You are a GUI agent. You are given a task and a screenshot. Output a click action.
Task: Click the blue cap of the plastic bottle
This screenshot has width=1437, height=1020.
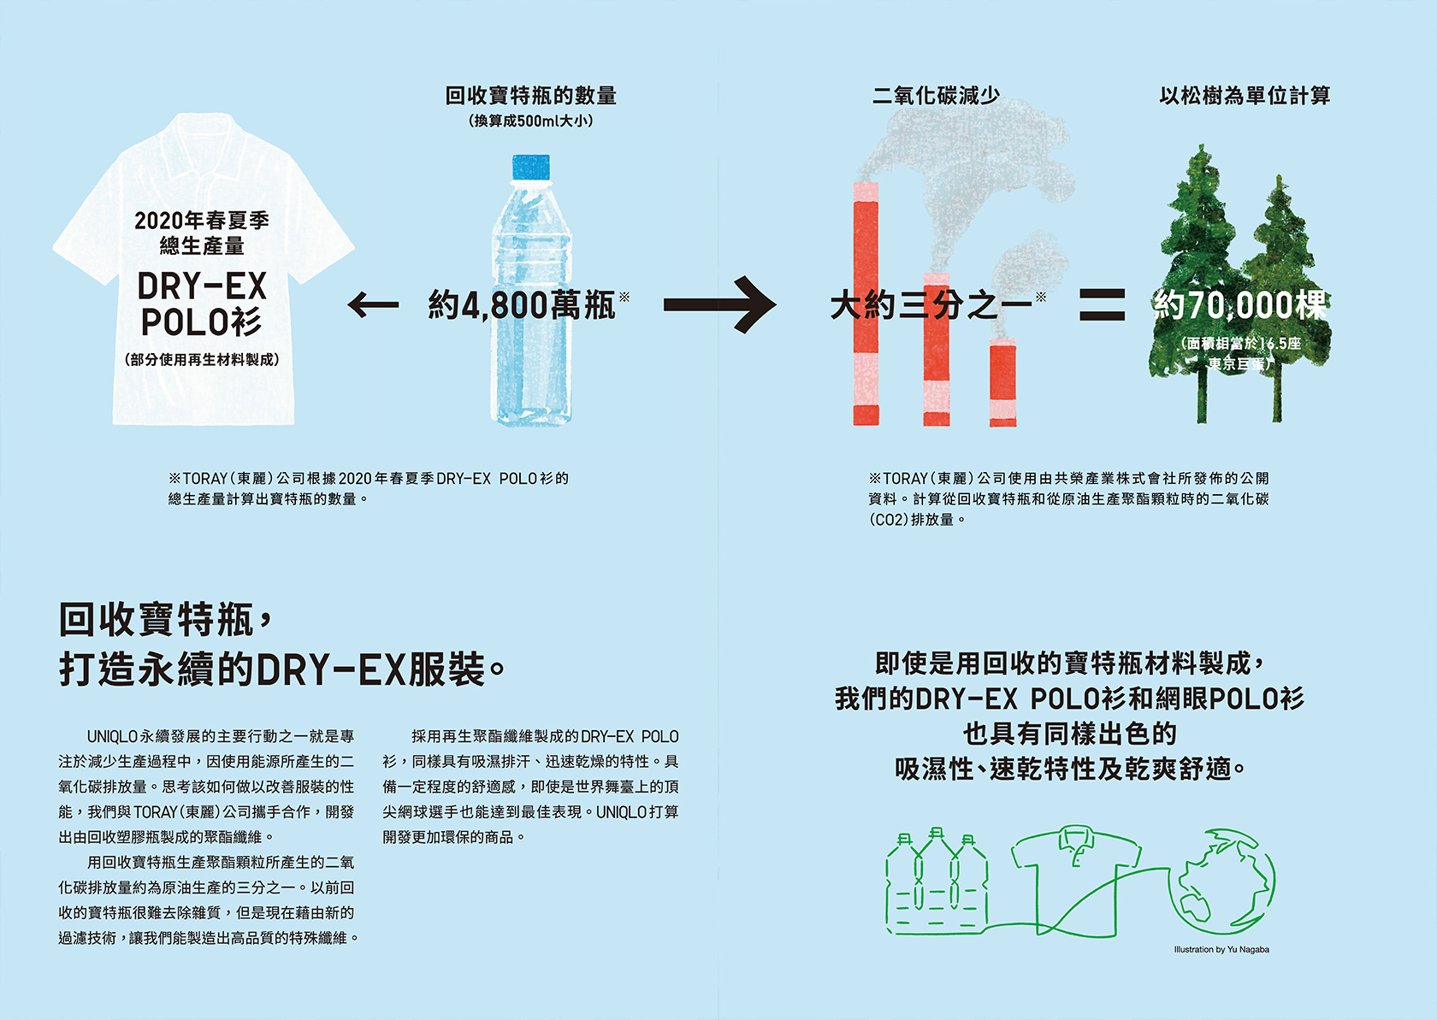[530, 167]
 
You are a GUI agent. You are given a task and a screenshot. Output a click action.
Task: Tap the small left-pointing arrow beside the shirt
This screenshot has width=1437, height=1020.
[374, 304]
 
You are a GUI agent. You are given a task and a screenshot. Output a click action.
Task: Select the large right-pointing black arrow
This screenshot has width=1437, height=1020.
[719, 304]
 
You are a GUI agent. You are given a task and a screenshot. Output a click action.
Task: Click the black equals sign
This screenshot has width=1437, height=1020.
[1102, 304]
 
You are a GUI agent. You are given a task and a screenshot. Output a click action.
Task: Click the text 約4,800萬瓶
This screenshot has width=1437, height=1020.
[523, 305]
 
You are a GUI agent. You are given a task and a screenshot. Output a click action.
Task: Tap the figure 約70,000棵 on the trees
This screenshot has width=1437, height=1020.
[1240, 305]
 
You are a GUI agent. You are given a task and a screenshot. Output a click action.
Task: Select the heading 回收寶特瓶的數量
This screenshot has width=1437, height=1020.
[530, 95]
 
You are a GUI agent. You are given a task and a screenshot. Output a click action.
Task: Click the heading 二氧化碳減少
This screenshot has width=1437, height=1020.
[936, 95]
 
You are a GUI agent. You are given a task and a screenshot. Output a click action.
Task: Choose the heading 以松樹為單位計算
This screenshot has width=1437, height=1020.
[1245, 95]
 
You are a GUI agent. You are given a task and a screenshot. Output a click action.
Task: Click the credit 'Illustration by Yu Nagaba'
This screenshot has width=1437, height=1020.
[1221, 949]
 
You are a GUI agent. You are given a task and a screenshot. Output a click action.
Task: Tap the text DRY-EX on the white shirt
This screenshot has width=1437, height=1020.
[203, 286]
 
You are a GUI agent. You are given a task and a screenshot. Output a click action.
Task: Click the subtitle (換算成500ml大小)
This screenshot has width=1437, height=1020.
[530, 121]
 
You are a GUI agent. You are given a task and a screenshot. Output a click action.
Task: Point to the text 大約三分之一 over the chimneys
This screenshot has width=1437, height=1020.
[931, 305]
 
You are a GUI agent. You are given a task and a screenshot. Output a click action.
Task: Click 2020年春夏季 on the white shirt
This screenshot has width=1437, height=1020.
[202, 221]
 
